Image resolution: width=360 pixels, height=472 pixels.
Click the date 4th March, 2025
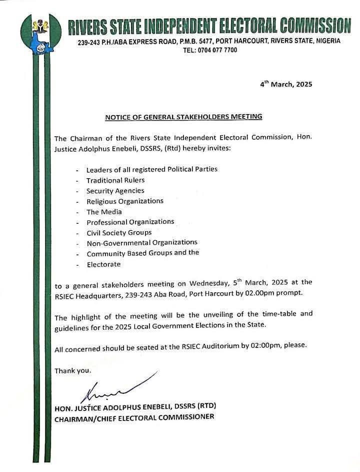click(x=286, y=84)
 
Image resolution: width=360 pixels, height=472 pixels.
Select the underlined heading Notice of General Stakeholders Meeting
click(x=183, y=117)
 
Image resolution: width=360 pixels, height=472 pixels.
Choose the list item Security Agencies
click(x=115, y=191)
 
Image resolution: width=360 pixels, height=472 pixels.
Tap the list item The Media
click(x=104, y=212)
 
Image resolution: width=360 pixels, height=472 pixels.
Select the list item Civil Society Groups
click(x=119, y=232)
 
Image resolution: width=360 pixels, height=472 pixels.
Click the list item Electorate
click(x=103, y=264)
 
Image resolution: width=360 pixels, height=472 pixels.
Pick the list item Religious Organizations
click(x=125, y=201)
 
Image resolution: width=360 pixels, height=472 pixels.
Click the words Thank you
click(x=73, y=371)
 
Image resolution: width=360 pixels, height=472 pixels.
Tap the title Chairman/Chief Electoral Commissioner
click(x=134, y=416)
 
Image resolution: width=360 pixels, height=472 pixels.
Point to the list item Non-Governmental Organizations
click(x=142, y=243)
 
